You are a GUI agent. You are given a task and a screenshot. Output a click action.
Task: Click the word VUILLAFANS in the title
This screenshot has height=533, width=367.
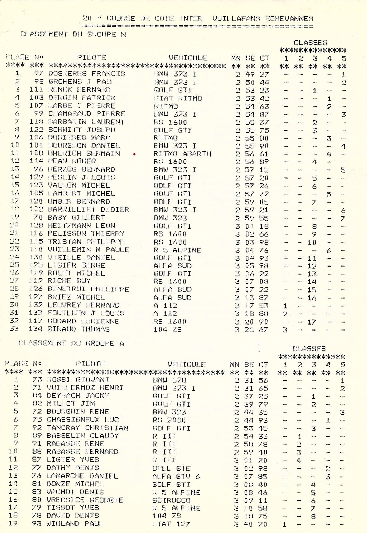(236, 19)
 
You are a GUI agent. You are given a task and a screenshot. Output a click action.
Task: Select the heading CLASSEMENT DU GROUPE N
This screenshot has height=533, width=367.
(73, 34)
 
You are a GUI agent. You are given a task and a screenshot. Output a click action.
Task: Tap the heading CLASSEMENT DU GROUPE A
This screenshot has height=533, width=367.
(71, 344)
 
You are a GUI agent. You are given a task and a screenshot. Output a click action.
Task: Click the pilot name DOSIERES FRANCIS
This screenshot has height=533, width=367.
(87, 74)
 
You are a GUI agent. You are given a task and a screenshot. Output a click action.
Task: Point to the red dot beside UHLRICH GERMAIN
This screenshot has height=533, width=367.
(134, 154)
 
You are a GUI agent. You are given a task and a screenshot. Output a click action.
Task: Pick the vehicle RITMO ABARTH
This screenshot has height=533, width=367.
(182, 154)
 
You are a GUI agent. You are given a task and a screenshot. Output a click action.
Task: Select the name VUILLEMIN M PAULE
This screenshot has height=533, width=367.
(88, 250)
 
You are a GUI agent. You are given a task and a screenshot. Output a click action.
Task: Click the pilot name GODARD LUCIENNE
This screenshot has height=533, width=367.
(83, 321)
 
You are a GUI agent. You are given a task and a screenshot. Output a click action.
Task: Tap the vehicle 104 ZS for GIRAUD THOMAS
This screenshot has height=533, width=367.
(167, 330)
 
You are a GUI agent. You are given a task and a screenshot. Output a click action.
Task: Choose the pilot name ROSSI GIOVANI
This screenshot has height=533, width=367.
(78, 380)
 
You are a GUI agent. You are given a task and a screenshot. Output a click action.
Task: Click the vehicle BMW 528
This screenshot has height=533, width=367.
(169, 380)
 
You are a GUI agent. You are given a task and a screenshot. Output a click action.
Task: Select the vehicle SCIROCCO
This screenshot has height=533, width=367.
(171, 500)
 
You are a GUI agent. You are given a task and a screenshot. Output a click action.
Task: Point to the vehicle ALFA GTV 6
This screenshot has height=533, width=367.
(176, 477)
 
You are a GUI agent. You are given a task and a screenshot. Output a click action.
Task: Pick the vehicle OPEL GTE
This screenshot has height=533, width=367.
(171, 468)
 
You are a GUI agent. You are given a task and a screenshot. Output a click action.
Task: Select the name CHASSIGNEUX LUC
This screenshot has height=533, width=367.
(83, 420)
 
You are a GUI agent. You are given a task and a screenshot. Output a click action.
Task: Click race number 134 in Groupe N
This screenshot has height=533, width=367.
(36, 329)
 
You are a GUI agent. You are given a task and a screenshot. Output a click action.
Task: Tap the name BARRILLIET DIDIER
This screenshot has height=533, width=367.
(89, 210)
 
